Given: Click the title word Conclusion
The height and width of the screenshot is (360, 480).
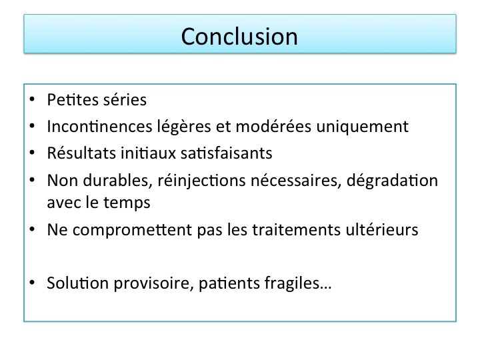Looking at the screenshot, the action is pyautogui.click(x=239, y=37).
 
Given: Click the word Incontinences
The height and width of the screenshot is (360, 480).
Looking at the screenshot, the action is pyautogui.click(x=99, y=126).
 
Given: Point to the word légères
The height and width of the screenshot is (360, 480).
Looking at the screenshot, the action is pyautogui.click(x=184, y=127).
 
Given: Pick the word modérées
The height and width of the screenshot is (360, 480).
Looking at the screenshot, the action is pyautogui.click(x=273, y=126).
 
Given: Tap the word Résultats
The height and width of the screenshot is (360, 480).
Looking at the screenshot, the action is pyautogui.click(x=81, y=153).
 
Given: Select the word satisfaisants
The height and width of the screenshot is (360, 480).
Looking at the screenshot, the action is pyautogui.click(x=226, y=153).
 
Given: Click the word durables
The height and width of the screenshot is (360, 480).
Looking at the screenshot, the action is pyautogui.click(x=117, y=180).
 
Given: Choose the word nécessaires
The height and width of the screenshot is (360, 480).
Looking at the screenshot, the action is pyautogui.click(x=296, y=180).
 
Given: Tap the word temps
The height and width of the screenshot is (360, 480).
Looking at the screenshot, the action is pyautogui.click(x=127, y=203).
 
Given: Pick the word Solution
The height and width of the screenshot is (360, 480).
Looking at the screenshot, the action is pyautogui.click(x=78, y=283).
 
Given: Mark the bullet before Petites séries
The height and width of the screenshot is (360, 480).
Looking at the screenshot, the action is pyautogui.click(x=32, y=99).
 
